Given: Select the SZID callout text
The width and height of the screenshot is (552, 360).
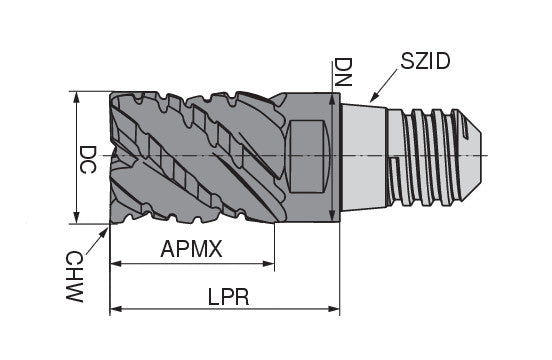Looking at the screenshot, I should pos(424,61).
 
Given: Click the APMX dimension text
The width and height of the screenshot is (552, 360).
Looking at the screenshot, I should pos(191,249).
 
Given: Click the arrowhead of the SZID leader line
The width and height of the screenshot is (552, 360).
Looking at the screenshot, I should pos(372,100).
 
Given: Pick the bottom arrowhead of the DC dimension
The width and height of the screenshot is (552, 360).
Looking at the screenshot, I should pos(75,219).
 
